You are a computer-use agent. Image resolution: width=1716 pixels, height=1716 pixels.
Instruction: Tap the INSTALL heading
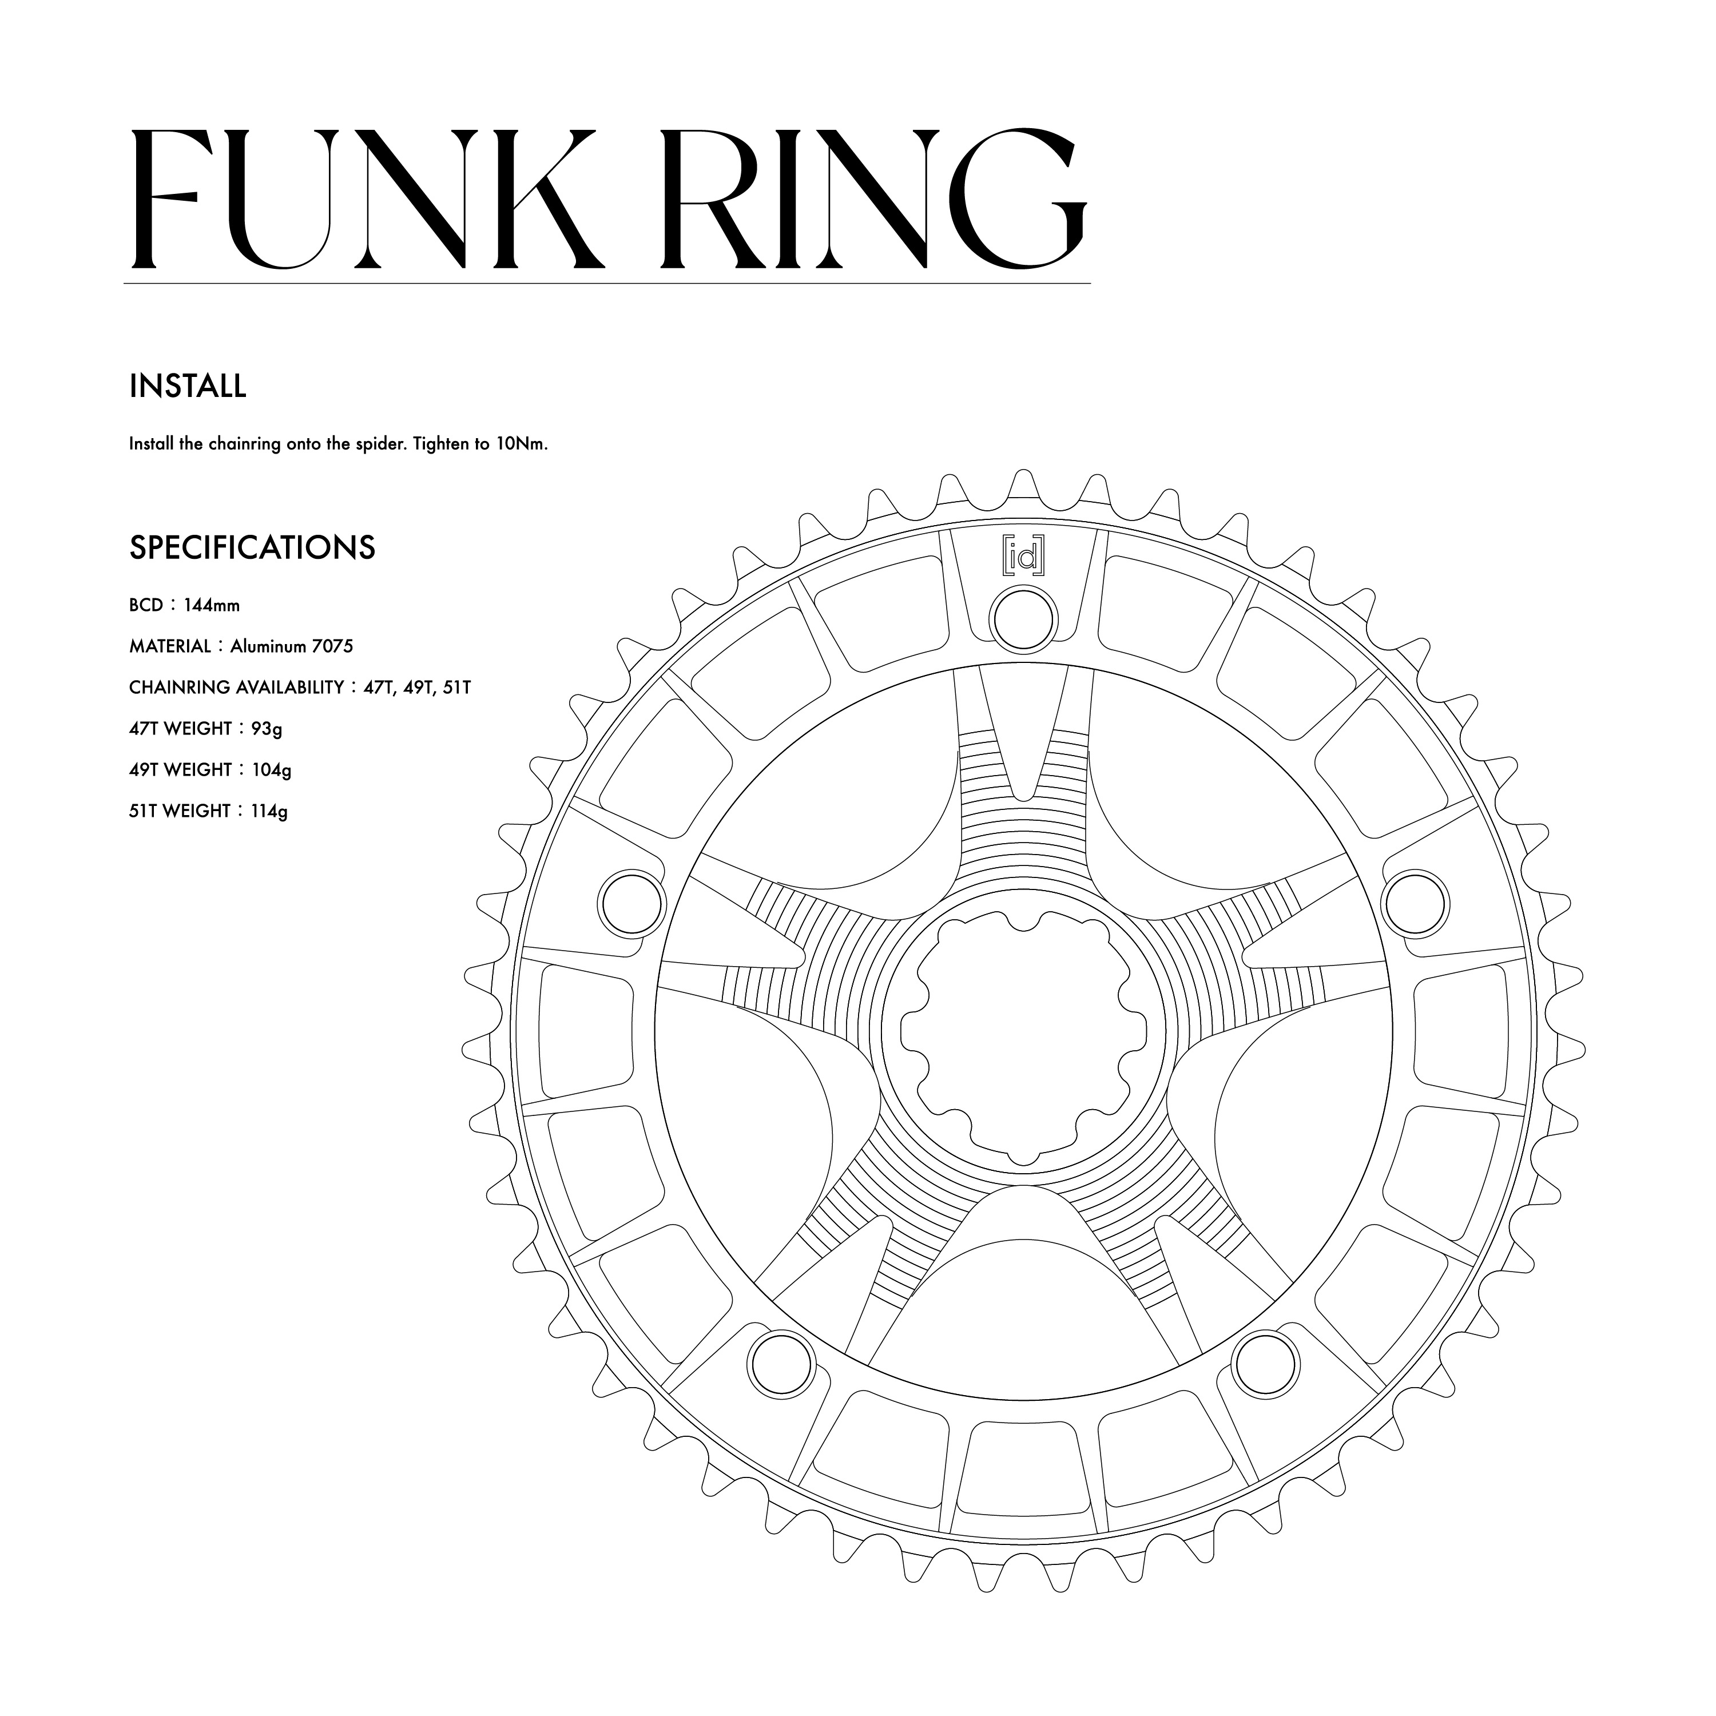188,386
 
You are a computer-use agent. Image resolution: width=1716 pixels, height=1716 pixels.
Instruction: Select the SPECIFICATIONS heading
252,548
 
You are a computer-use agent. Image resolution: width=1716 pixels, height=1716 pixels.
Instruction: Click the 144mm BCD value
212,606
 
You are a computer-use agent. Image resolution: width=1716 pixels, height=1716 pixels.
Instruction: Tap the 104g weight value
271,770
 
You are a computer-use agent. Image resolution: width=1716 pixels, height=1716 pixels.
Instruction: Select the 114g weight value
269,811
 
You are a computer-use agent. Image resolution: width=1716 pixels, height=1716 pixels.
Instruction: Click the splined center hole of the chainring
1023,1035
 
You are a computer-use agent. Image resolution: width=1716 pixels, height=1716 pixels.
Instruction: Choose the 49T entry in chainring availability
416,688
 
